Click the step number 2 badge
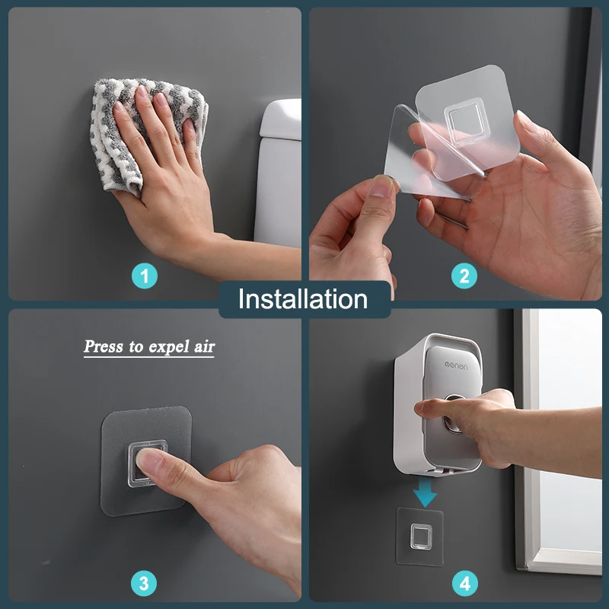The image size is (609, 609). (x=464, y=276)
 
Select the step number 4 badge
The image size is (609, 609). (x=464, y=584)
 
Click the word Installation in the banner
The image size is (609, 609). (x=303, y=298)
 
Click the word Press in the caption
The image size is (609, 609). (x=104, y=347)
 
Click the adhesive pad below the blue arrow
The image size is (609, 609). (x=420, y=537)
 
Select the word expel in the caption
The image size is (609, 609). (x=161, y=348)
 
